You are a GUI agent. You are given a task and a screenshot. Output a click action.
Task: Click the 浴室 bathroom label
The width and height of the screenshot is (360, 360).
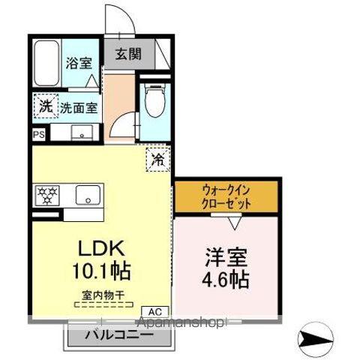tap(77, 64)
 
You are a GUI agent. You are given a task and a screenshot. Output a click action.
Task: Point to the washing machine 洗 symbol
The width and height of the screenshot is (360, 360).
tap(46, 106)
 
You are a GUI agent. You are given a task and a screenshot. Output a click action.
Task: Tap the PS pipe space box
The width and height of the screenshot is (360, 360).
tap(38, 134)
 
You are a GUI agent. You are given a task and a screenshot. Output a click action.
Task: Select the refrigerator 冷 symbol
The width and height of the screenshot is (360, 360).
tap(158, 158)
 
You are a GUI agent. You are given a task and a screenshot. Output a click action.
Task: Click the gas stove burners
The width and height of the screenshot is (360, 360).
tap(47, 196)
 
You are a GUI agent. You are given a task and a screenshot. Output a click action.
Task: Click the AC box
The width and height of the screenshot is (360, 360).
tap(155, 311)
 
